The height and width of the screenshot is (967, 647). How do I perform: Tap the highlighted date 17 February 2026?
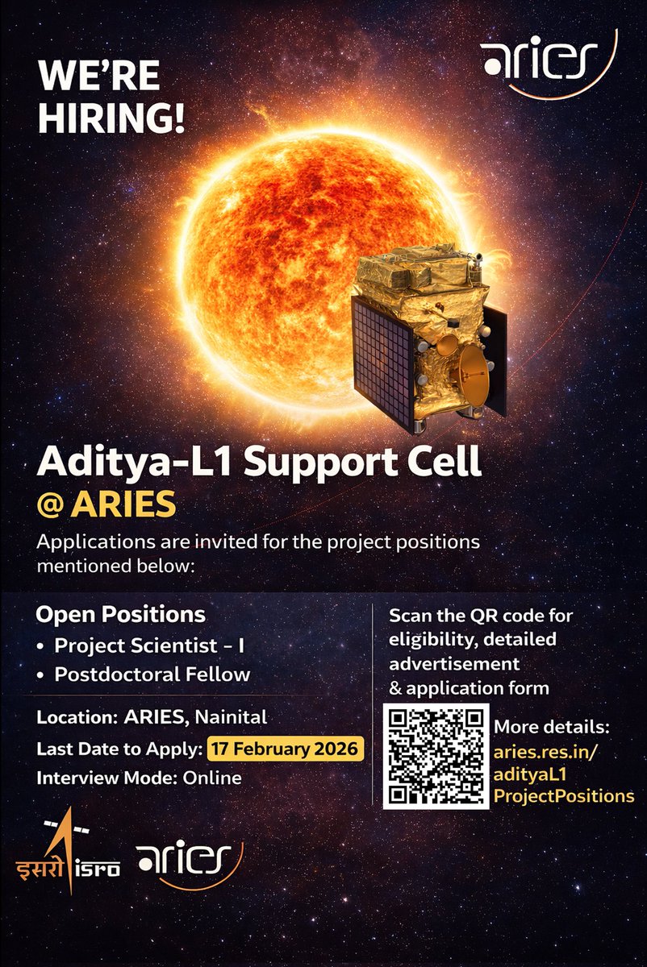[x=286, y=749]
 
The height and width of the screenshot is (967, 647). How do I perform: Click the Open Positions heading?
[x=120, y=615]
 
